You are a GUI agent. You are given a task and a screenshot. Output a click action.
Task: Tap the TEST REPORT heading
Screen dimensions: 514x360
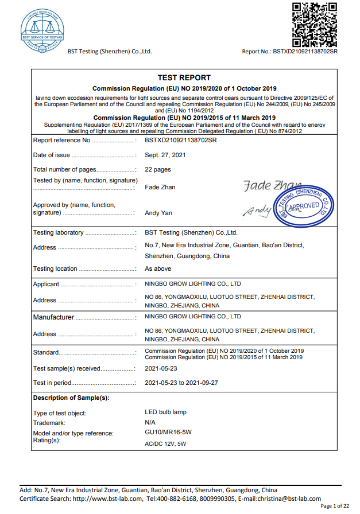tap(184, 77)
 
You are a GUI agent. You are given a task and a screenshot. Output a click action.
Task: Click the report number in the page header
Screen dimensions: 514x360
tap(290, 52)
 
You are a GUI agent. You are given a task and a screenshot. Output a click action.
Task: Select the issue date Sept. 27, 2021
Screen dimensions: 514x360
tap(165, 155)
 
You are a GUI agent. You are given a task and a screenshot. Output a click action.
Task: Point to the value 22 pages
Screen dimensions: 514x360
tap(158, 169)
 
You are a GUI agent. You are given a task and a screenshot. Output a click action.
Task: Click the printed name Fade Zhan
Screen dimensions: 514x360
tap(160, 187)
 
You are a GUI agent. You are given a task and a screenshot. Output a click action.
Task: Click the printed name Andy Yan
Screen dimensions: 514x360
tap(158, 213)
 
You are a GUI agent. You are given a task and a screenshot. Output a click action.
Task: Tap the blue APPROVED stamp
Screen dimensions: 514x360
tap(304, 205)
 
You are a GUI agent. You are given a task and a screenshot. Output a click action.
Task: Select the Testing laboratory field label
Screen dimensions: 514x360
tap(59, 233)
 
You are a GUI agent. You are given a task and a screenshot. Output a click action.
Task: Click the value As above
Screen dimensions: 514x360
tap(158, 268)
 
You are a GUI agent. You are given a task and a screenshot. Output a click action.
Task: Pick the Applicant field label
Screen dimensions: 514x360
tap(46, 284)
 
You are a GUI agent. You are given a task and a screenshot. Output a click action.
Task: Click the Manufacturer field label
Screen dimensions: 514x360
tap(54, 317)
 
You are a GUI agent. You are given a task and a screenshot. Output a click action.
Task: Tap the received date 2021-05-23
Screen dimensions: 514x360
tap(161, 368)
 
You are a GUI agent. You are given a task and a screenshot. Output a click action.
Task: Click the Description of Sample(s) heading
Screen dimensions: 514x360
tap(71, 398)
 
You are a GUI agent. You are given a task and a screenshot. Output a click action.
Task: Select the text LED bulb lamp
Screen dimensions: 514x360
tap(165, 412)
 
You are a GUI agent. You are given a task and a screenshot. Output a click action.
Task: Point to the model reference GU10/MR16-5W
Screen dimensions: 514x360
tap(167, 433)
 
